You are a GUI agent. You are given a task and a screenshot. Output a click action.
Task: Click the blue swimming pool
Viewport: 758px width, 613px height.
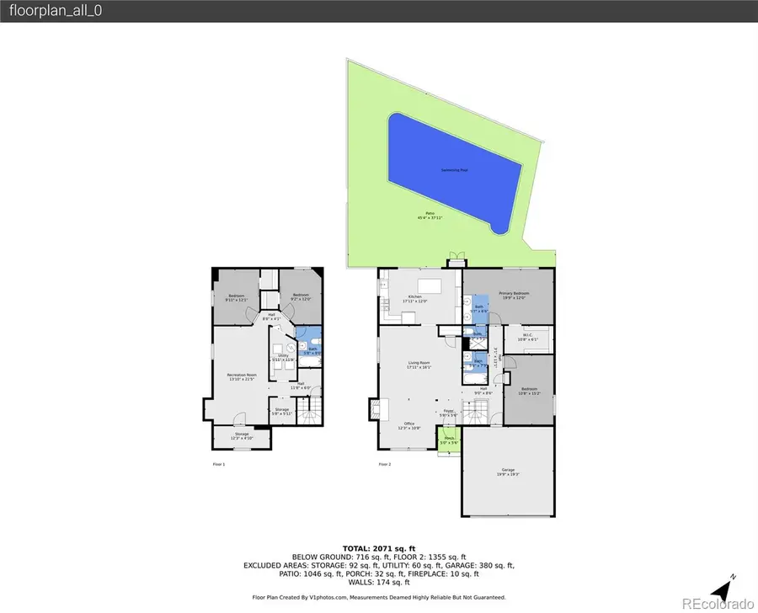click(455, 173)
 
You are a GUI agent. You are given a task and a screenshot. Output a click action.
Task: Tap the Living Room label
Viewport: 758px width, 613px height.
click(419, 365)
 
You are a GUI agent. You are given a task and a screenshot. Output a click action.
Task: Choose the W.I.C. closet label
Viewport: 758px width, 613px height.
click(529, 336)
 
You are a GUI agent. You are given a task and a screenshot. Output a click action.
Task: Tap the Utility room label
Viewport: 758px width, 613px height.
click(282, 358)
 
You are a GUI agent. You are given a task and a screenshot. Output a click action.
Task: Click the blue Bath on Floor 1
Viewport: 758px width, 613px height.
click(312, 349)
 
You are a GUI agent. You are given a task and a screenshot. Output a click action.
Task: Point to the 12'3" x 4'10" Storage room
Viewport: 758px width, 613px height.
click(242, 435)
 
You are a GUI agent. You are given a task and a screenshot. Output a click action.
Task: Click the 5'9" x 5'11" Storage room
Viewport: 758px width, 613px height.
click(282, 411)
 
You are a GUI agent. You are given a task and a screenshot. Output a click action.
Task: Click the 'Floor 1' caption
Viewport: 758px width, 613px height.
click(218, 464)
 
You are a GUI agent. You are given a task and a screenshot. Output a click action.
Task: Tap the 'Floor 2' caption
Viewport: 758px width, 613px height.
click(386, 464)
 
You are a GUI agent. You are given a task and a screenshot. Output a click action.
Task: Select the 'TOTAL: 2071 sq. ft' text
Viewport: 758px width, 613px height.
click(379, 547)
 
